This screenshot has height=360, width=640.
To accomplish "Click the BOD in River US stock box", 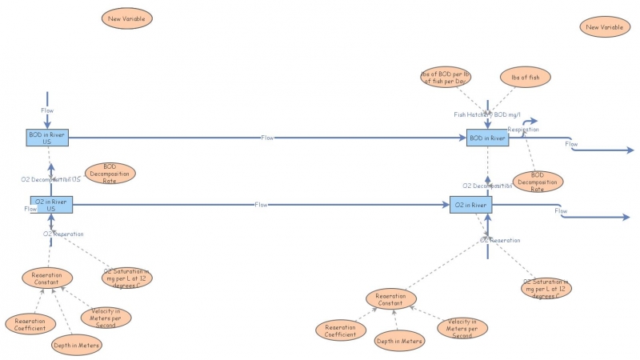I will (x=46, y=138).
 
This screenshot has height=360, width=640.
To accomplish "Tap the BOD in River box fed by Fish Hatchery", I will (x=488, y=138).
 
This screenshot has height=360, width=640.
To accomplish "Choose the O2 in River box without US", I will (x=470, y=205).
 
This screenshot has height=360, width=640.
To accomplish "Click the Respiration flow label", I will (x=523, y=128).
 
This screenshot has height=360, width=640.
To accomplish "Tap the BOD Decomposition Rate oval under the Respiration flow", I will (x=538, y=182).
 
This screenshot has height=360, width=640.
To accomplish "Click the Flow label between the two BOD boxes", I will (x=267, y=138).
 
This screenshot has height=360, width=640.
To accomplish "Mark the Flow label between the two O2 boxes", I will (x=261, y=205).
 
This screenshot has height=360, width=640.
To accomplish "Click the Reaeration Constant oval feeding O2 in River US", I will (x=47, y=278).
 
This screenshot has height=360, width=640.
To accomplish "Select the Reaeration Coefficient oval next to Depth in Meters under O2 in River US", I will (x=30, y=324).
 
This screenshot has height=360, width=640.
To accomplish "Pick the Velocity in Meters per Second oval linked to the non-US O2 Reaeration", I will (x=462, y=326).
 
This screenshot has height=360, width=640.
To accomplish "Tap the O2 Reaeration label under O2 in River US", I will (x=63, y=234).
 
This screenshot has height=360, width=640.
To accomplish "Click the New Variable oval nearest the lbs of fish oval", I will (x=604, y=27).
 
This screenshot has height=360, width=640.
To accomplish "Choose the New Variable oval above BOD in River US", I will (x=126, y=18).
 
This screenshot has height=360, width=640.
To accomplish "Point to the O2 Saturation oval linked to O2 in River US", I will (x=127, y=277).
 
